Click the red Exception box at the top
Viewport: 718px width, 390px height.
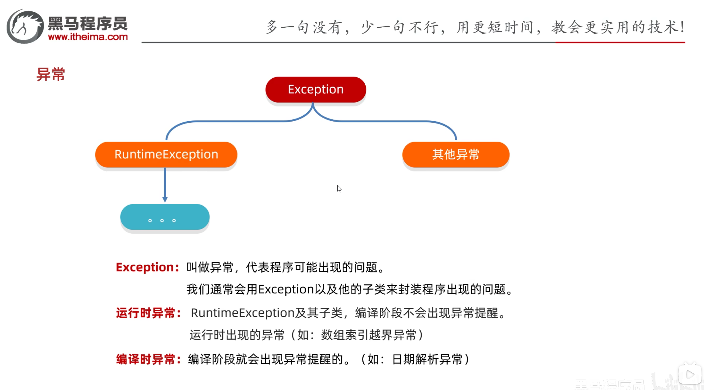point(316,90)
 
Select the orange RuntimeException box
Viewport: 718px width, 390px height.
point(166,155)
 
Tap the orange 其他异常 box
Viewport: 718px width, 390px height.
point(456,155)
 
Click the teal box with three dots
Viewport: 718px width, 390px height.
point(165,217)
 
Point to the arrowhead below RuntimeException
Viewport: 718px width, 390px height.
point(165,199)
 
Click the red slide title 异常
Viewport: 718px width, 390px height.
point(51,75)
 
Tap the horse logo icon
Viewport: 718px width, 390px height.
point(25,27)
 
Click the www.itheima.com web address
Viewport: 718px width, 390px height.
point(88,37)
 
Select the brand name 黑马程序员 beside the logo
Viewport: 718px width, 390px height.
point(88,23)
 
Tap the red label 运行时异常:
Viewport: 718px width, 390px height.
point(148,313)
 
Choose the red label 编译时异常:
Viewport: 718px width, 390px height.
point(148,359)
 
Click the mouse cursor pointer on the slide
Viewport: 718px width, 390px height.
point(339,188)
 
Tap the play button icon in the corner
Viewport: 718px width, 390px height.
point(690,375)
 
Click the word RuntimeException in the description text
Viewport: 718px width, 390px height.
point(242,313)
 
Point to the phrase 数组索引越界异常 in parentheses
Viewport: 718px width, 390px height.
point(369,335)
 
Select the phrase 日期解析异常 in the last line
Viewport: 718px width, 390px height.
point(427,359)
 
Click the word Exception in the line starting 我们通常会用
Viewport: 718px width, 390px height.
point(286,290)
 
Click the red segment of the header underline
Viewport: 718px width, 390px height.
point(620,42)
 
